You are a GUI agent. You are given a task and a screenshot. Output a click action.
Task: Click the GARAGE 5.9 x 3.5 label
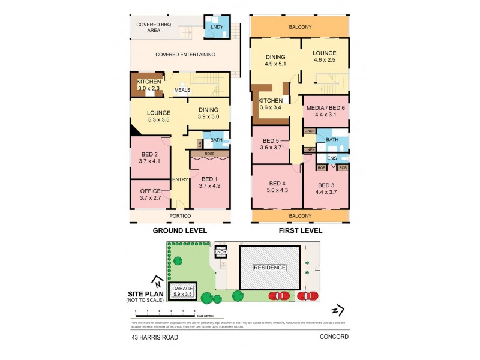[x=184, y=292]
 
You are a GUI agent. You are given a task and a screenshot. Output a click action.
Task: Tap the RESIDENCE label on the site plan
[x=269, y=268]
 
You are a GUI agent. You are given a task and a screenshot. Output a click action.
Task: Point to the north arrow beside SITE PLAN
[x=157, y=280]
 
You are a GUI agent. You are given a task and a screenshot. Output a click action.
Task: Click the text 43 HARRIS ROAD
[x=155, y=337]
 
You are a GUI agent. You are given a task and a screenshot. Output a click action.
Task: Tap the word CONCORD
[x=334, y=337]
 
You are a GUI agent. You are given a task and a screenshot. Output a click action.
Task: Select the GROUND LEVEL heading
[x=179, y=230]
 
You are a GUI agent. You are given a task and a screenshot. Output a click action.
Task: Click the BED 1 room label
[x=209, y=182]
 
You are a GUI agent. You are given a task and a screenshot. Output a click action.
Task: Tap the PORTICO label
[x=180, y=215]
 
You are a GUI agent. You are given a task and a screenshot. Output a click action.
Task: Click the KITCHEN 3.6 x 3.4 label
[x=270, y=104]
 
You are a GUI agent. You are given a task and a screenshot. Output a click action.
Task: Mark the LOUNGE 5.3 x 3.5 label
[x=158, y=116]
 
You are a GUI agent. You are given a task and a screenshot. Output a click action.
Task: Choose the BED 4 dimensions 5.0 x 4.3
[x=277, y=190]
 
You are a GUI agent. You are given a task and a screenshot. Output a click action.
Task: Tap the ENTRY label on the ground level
[x=180, y=179]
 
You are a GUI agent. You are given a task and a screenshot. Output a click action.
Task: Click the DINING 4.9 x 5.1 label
[x=275, y=61]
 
